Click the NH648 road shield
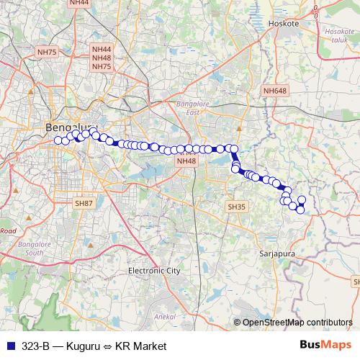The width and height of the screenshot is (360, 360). [x=274, y=91]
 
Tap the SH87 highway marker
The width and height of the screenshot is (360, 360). [x=84, y=204]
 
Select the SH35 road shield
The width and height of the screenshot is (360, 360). [x=236, y=207]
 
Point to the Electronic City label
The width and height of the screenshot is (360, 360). [x=153, y=271]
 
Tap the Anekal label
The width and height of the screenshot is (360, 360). [x=166, y=317]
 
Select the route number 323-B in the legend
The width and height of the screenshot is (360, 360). [x=35, y=346]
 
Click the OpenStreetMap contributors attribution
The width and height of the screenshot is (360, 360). [x=297, y=323]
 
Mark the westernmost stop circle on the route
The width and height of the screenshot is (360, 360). [x=58, y=139]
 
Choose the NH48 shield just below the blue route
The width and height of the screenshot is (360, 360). [x=186, y=161]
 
